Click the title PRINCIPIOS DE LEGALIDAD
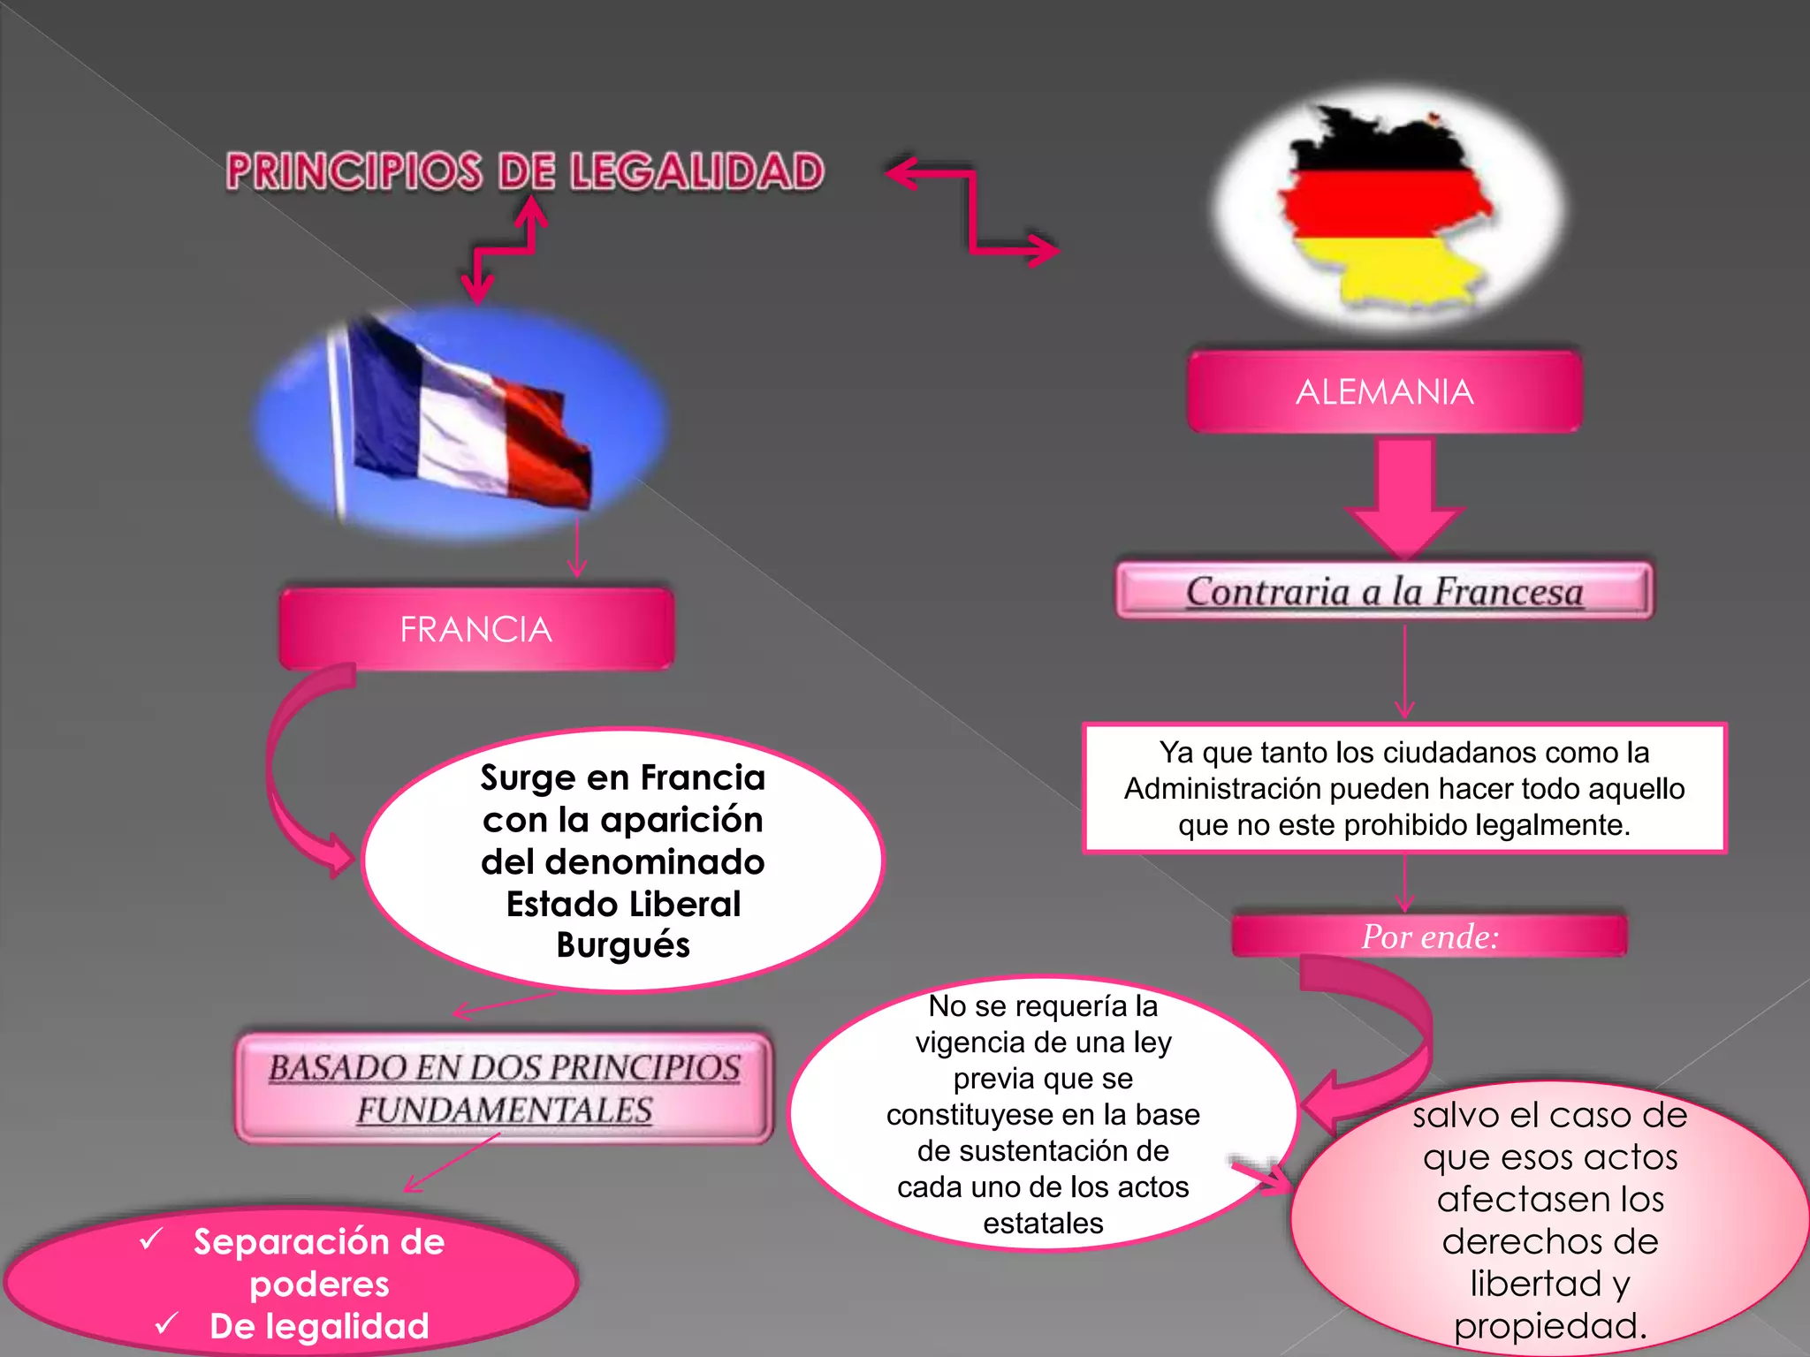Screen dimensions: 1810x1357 coord(525,171)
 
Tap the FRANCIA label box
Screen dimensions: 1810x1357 coord(476,629)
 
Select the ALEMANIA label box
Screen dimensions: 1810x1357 coord(1384,391)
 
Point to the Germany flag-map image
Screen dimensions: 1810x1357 coord(1388,208)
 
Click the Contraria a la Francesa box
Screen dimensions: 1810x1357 coord(1384,591)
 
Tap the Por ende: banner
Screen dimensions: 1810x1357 coord(1429,936)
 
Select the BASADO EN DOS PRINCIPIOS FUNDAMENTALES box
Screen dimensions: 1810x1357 coord(504,1088)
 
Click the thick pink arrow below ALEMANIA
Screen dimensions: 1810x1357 coord(1404,495)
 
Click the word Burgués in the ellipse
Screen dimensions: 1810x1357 coord(623,945)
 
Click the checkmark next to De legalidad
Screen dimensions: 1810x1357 coord(166,1323)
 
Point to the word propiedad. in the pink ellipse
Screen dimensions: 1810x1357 coord(1550,1325)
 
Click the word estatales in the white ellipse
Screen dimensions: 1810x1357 coord(1043,1223)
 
